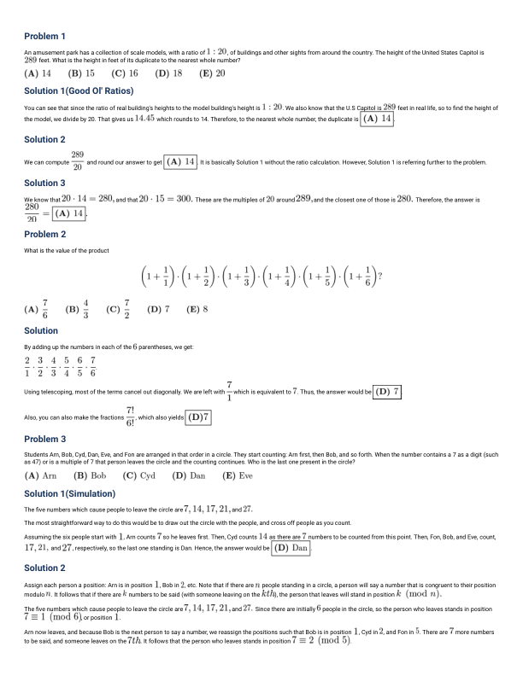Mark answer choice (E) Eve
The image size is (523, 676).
pyautogui.click(x=237, y=475)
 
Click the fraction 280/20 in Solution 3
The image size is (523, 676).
pyautogui.click(x=33, y=213)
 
